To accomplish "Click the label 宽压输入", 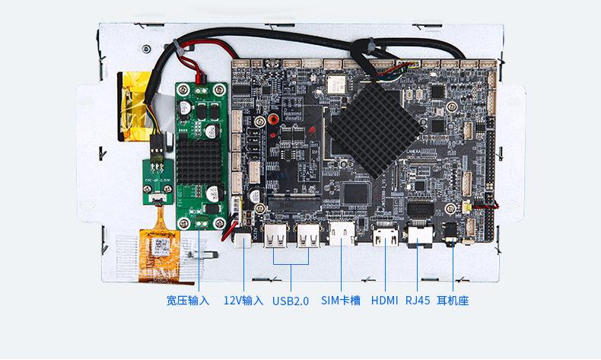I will [x=187, y=301].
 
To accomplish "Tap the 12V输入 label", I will [x=243, y=301].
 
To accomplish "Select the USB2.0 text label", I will [x=291, y=301].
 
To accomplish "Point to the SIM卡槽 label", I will [x=341, y=301].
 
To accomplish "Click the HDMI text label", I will [x=384, y=301].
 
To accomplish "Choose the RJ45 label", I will [x=418, y=301].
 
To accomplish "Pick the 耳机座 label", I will [x=453, y=301].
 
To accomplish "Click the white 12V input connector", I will [x=244, y=239].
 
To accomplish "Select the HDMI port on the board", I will [x=385, y=235].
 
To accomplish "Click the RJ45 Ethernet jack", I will [x=420, y=235].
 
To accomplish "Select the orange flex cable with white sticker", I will [x=160, y=244].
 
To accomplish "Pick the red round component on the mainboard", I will [x=272, y=121].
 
